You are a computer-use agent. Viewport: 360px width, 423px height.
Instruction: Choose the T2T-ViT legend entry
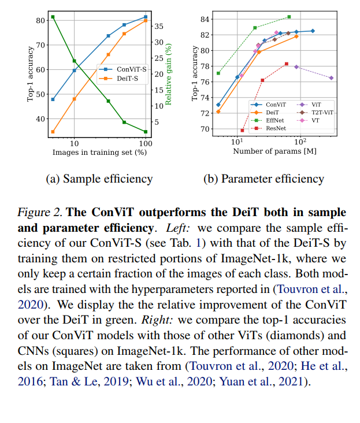pos(323,112)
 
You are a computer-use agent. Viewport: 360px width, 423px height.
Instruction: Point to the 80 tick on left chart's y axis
pos(40,20)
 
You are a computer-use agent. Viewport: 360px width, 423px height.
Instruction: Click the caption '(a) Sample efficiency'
pos(99,179)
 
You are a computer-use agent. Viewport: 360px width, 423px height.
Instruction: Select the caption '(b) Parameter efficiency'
pos(264,179)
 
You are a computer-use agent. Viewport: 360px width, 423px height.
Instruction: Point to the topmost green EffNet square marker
pos(289,17)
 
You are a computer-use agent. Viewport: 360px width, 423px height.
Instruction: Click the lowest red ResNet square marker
pos(242,131)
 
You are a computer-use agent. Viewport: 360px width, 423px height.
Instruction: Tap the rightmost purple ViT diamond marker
pos(331,78)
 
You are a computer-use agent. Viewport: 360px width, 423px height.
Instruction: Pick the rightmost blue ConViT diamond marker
pos(313,31)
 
